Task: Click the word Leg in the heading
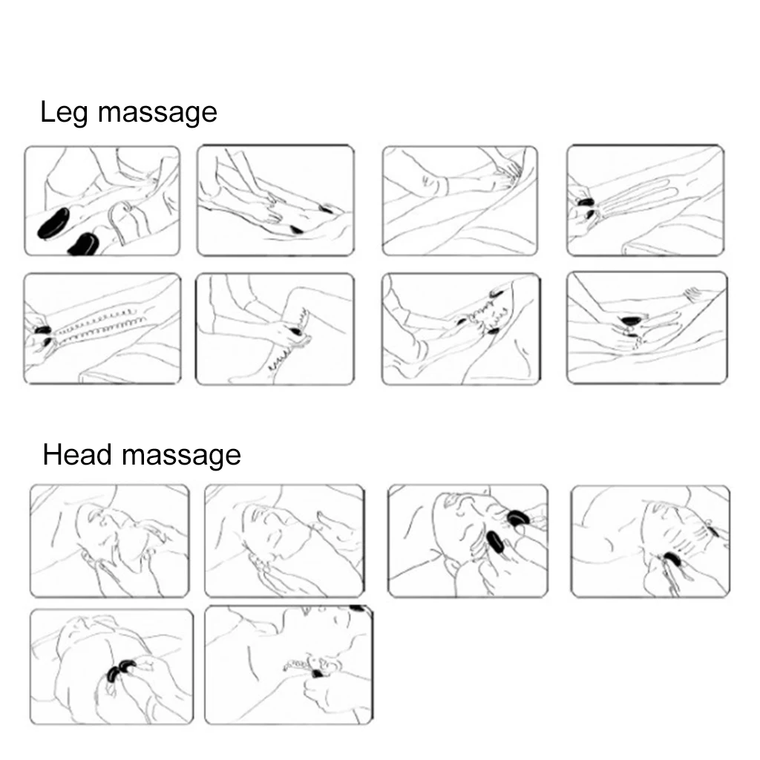pos(65,114)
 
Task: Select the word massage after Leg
pos(157,114)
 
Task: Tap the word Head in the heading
pos(79,454)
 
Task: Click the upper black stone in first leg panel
pos(53,223)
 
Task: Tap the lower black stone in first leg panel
pos(84,243)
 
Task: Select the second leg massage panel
pos(275,200)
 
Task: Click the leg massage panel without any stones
pos(459,200)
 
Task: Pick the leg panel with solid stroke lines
pos(645,200)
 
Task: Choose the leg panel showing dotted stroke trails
pos(102,328)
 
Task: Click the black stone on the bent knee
pos(298,330)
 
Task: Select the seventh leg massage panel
pos(460,328)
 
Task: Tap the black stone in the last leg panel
pos(631,321)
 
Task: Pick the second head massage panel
pos(284,540)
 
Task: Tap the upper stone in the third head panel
pos(517,517)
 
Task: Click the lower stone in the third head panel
pos(494,545)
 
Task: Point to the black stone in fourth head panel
pos(672,559)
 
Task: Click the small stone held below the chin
pos(318,673)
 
